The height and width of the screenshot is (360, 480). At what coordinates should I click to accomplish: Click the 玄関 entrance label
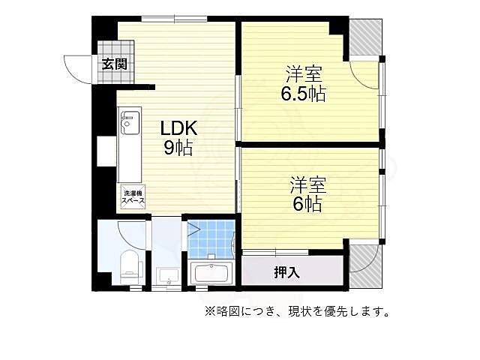[115, 64]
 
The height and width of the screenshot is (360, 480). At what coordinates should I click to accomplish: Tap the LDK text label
[178, 127]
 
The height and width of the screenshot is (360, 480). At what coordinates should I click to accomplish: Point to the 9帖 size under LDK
[178, 148]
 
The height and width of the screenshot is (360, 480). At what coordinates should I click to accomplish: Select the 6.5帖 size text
[303, 95]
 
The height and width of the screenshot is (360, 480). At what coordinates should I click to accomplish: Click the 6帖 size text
[306, 204]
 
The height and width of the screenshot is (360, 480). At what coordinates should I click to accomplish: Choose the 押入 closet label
[287, 272]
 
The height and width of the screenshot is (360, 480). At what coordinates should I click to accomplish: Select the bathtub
[212, 273]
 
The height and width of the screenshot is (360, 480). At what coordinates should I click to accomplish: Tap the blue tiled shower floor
[209, 239]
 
